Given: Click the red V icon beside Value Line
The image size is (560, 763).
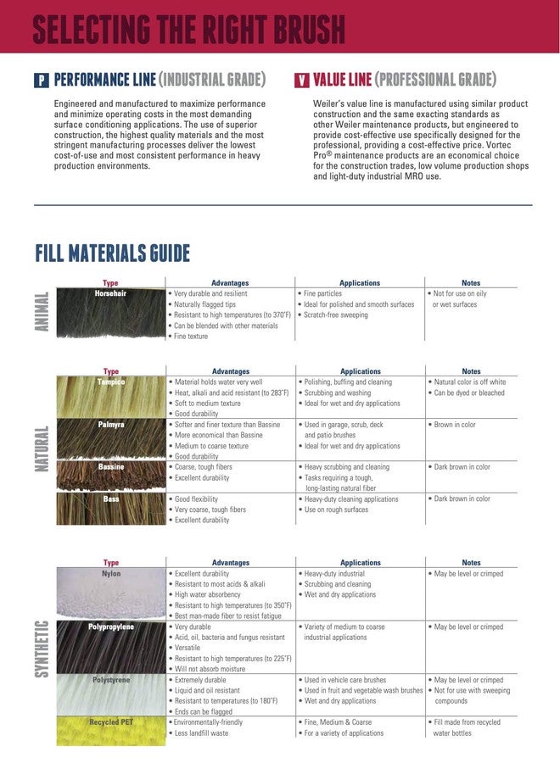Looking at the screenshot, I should coord(301,81).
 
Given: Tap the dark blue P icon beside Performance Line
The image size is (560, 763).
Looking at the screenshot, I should coord(41,81).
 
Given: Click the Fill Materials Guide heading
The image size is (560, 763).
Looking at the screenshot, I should coord(112,253).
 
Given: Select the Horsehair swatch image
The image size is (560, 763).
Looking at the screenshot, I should coord(111,315).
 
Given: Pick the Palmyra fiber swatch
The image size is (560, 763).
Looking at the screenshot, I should coord(111,439).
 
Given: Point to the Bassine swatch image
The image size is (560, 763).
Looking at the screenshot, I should coord(111,476).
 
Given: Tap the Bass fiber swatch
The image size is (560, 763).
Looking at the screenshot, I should coord(111,509).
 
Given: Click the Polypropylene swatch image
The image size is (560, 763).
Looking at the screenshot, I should coord(111,648).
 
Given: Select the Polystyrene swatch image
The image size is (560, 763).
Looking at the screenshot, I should coord(111,695).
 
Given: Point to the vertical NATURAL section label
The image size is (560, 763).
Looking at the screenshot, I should coord(42,449).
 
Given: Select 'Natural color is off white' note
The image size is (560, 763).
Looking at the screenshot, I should coord(469,382).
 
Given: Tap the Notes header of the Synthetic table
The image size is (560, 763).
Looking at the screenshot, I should coord(471,562).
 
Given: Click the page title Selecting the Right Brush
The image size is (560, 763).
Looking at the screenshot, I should coord(188,28).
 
